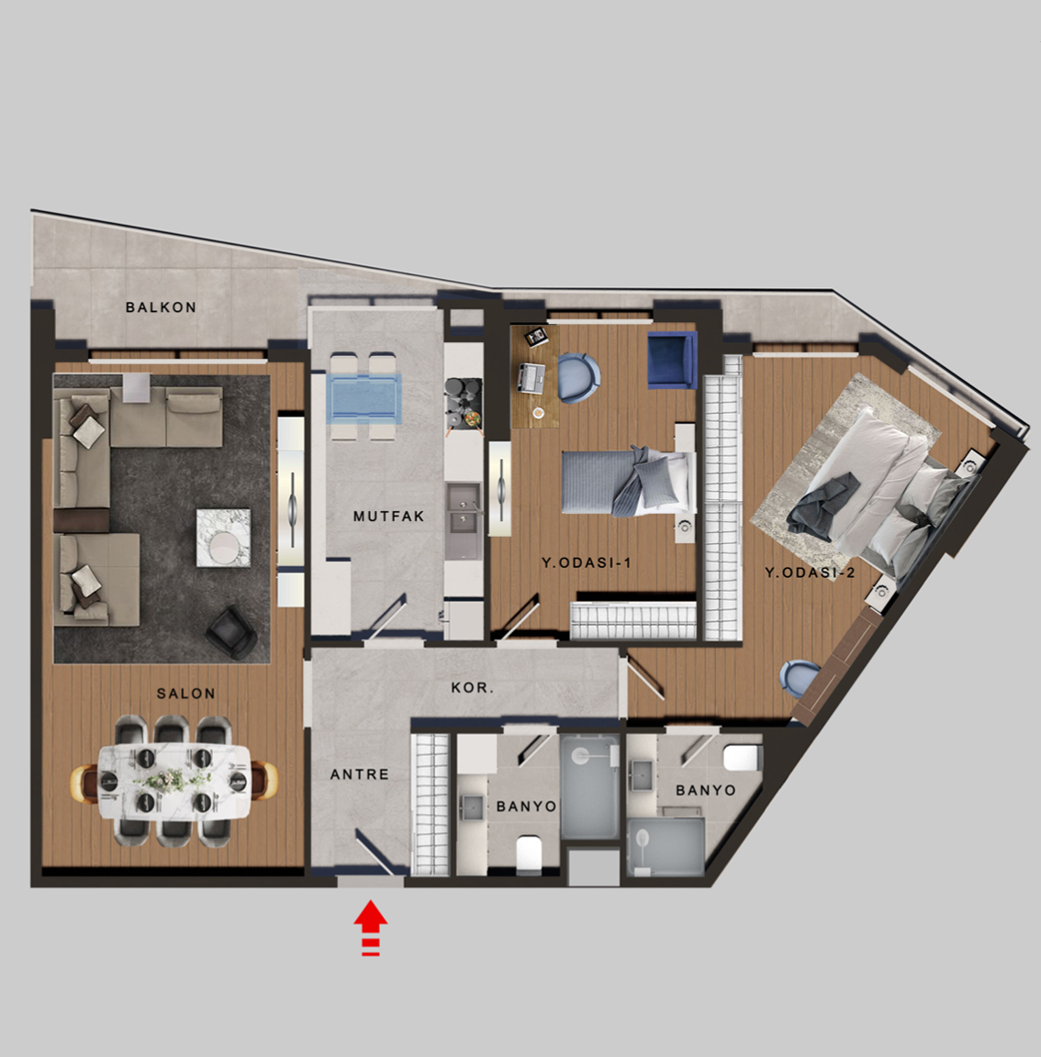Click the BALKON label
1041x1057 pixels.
[161, 307]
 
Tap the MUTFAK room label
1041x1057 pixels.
[389, 517]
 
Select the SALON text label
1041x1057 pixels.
[186, 693]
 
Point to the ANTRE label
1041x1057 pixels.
[359, 774]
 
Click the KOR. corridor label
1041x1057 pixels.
[472, 688]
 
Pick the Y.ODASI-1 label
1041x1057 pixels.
[586, 562]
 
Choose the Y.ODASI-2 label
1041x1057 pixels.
[810, 573]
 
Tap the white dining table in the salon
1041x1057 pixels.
[174, 782]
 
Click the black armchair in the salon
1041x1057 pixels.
[230, 631]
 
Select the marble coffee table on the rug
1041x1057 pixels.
[223, 538]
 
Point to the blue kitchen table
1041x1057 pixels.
[364, 398]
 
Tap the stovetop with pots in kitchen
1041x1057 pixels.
[464, 403]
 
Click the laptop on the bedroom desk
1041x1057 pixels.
[532, 377]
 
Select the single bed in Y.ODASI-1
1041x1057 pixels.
[629, 482]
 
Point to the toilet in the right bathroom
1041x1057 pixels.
[742, 757]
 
